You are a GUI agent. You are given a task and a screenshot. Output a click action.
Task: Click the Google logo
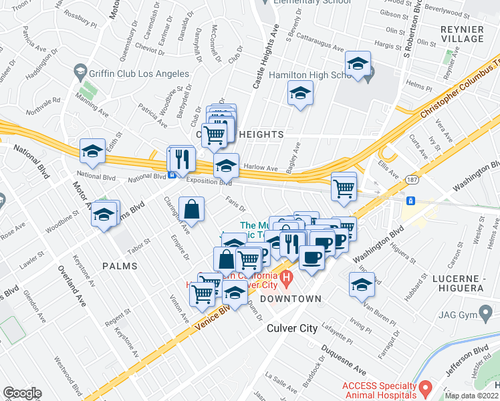(x=22, y=393)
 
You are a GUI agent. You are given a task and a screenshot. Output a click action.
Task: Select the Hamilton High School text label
(x=309, y=75)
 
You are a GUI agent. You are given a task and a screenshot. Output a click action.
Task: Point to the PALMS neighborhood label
(x=120, y=266)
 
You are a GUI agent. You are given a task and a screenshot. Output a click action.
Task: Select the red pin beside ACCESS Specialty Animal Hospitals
(x=424, y=387)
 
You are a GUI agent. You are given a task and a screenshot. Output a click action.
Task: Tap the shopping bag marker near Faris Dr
(x=192, y=209)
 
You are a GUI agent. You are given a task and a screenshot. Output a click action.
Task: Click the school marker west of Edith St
(x=92, y=152)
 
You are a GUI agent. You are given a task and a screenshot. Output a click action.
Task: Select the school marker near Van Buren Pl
(x=362, y=285)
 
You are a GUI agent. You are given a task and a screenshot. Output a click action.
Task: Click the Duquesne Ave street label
(x=343, y=360)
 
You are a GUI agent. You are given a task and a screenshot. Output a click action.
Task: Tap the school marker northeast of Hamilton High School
(x=358, y=64)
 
